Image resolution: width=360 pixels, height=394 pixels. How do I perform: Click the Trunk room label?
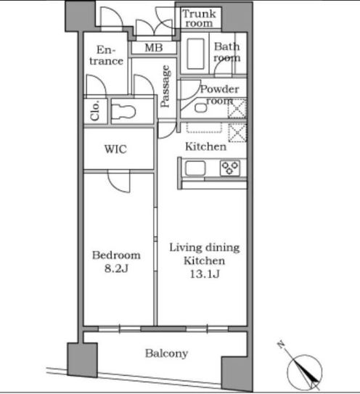click(199, 18)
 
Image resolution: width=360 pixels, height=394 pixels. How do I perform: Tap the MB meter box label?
click(154, 47)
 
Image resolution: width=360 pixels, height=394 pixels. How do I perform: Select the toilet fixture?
click(123, 112)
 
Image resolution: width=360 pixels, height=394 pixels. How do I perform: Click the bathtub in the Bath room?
click(195, 54)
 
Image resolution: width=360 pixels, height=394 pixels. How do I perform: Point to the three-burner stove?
click(230, 168)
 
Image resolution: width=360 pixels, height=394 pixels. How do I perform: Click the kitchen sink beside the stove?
click(195, 168)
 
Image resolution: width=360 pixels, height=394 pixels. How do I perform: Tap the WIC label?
click(115, 149)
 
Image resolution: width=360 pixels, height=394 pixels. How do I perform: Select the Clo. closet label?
click(95, 110)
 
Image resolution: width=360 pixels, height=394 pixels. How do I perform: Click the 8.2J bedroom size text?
click(116, 268)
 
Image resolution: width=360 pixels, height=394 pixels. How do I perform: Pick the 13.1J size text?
click(205, 274)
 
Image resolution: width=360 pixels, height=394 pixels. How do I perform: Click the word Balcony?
click(166, 353)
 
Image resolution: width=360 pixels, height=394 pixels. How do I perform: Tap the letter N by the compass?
click(281, 345)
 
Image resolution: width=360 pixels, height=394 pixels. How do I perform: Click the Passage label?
click(165, 86)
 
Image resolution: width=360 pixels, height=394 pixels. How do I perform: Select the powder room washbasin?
click(201, 108)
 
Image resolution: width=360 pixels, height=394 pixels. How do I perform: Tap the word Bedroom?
click(116, 255)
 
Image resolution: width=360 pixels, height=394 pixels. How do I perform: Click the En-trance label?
click(107, 55)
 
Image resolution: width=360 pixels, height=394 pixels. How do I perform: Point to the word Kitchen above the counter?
click(205, 147)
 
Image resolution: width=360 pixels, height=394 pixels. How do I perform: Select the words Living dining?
click(205, 247)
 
